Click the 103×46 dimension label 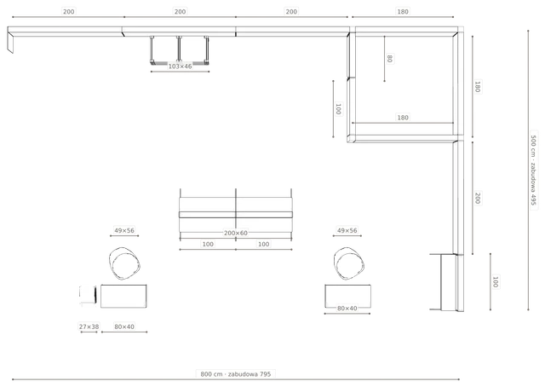point(180,66)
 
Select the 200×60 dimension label point(236,233)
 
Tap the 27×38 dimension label point(89,326)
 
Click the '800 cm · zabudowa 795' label point(236,374)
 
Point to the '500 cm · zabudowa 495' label point(534,170)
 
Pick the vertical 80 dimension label point(390,59)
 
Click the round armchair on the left point(124,263)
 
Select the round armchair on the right point(349,263)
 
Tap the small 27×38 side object point(88,296)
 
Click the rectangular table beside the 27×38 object point(123,296)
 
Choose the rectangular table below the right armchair point(347,296)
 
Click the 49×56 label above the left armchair point(124,230)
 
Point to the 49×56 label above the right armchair point(347,230)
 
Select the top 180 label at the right point(403,11)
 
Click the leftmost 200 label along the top point(68,11)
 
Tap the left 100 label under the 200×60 point(208,244)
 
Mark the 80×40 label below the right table point(347,308)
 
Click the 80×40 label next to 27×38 point(124,326)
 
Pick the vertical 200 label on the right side point(478,198)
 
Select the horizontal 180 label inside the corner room point(403,118)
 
